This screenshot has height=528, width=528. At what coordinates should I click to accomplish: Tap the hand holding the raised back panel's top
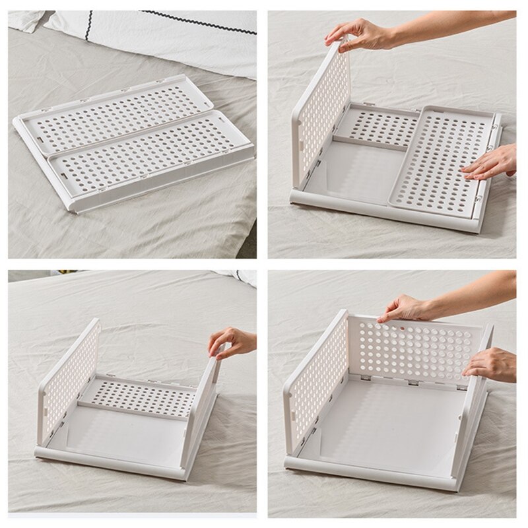pyautogui.click(x=406, y=307)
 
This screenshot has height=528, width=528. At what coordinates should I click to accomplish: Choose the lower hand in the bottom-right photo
pyautogui.click(x=492, y=363)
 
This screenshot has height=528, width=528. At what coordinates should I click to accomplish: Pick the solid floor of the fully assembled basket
pyautogui.click(x=389, y=422)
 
